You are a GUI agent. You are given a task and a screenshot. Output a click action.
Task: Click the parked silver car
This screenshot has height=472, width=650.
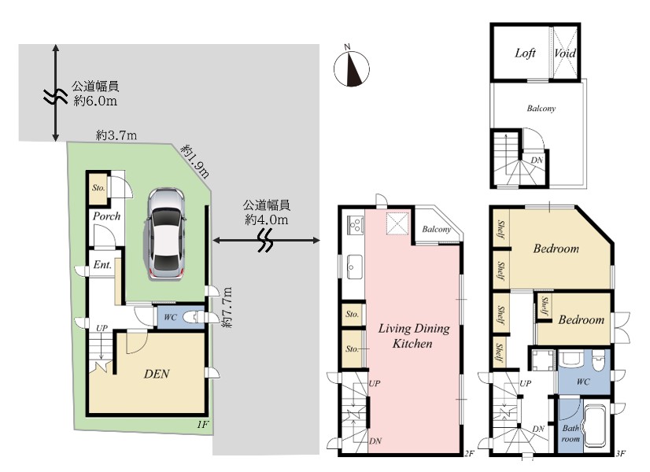[165, 234]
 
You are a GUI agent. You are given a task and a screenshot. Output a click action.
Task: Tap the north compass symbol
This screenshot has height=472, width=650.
[352, 68]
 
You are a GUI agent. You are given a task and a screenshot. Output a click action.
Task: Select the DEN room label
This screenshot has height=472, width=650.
[157, 374]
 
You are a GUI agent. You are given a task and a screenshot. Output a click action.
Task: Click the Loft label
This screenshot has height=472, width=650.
[525, 53]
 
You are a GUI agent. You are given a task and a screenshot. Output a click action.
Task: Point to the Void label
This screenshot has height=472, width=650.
[565, 53]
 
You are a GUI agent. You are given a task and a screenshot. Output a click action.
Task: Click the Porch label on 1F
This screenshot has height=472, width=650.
[106, 216]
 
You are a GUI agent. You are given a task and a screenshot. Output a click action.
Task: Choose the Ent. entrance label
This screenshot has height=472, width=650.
[102, 265]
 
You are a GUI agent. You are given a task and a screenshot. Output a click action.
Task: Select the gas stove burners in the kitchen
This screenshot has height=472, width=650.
[355, 225]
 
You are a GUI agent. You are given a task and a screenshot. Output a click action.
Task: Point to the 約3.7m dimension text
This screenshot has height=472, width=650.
[116, 135]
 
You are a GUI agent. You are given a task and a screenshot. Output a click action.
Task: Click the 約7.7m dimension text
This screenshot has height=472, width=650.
[227, 308]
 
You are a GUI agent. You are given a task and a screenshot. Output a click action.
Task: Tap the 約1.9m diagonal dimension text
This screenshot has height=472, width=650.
[195, 160]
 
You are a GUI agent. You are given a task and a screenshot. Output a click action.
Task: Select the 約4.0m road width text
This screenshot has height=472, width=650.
[267, 219]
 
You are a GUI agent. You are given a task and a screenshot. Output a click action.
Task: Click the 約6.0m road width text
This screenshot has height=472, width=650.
[95, 101]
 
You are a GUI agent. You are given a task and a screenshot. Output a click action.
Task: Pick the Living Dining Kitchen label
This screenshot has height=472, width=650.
[413, 336]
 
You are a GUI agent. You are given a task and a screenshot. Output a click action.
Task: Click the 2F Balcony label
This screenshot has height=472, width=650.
[436, 229]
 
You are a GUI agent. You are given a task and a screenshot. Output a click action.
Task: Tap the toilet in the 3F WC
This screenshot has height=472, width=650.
[598, 361]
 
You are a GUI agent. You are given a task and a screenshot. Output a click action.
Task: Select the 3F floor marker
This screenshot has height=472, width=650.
[620, 453]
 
